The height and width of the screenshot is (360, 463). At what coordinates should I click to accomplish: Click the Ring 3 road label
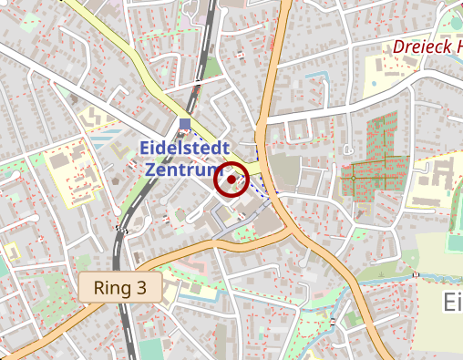coord(119,289)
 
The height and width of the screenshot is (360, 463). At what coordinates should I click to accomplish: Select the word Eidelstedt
coord(185,149)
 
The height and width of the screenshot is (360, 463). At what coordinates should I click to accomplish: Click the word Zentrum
coord(182,169)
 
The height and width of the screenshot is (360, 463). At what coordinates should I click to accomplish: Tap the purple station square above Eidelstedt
coord(185,124)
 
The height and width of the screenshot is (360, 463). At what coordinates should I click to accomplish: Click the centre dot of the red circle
coord(231,180)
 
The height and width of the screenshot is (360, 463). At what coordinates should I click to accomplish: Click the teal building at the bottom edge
coord(149,351)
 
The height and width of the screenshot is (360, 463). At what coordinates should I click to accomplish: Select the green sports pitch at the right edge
coord(457,245)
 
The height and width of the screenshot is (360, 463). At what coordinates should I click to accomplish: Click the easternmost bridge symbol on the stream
coord(415,273)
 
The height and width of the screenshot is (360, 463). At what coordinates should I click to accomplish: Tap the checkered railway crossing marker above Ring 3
coord(120,229)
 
